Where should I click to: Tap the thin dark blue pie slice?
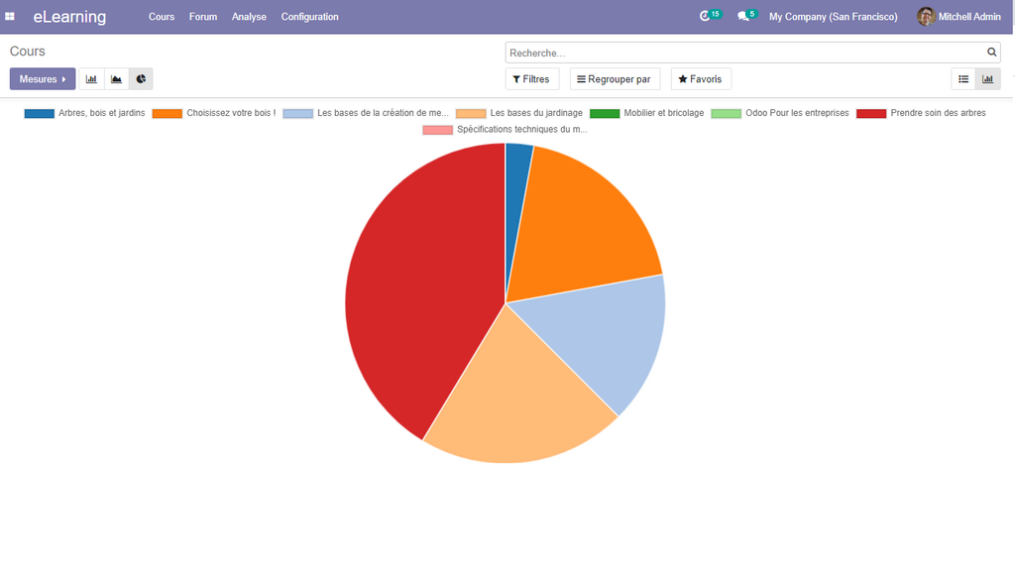[x=517, y=178]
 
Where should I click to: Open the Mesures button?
[x=43, y=79]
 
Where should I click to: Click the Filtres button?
[x=532, y=79]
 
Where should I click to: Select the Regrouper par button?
[x=615, y=79]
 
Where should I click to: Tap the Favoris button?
[x=701, y=79]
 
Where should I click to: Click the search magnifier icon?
[x=991, y=53]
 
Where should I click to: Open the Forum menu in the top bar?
[x=203, y=17]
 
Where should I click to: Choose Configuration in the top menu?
[x=309, y=17]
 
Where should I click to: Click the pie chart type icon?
[x=141, y=79]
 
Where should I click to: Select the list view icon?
[x=963, y=79]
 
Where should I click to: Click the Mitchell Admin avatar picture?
[x=926, y=17]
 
